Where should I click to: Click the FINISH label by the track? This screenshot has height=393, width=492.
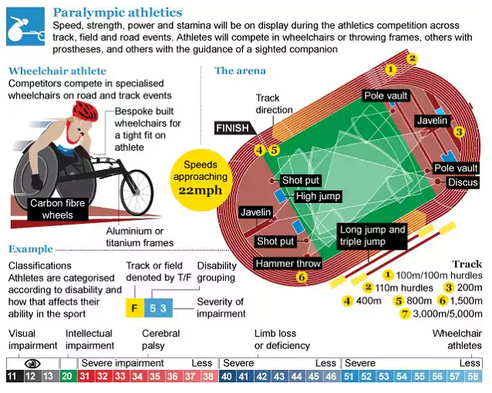pyautogui.click(x=234, y=128)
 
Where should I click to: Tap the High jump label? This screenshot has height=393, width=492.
pyautogui.click(x=318, y=196)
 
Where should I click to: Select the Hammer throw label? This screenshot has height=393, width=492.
pyautogui.click(x=288, y=263)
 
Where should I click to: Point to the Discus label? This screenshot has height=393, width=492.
pyautogui.click(x=463, y=182)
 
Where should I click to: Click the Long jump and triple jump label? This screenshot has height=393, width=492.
pyautogui.click(x=372, y=235)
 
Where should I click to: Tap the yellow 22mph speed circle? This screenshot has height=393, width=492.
pyautogui.click(x=201, y=180)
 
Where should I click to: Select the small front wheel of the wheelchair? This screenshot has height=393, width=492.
pyautogui.click(x=137, y=192)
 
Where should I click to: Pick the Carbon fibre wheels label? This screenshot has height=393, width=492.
pyautogui.click(x=58, y=209)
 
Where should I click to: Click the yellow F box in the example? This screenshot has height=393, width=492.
pyautogui.click(x=135, y=308)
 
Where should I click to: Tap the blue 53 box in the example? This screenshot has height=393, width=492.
pyautogui.click(x=158, y=308)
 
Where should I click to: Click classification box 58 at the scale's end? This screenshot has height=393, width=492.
pyautogui.click(x=473, y=376)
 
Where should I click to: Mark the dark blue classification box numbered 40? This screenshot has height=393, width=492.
pyautogui.click(x=227, y=376)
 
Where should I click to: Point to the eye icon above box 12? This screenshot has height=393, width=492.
pyautogui.click(x=32, y=364)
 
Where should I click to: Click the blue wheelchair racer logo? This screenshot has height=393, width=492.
pyautogui.click(x=25, y=26)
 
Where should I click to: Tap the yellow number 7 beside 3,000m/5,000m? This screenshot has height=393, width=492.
pyautogui.click(x=405, y=313)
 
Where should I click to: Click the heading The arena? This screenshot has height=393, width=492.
pyautogui.click(x=240, y=71)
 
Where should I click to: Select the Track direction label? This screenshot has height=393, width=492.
pyautogui.click(x=274, y=104)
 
